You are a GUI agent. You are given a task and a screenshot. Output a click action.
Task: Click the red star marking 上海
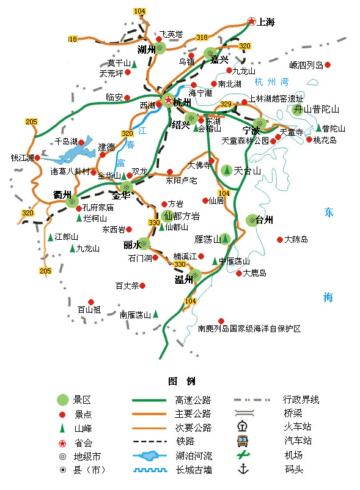coord(251,22)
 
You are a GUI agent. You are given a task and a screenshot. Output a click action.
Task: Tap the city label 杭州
coord(182,102)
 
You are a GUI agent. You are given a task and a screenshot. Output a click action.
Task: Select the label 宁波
coord(251,131)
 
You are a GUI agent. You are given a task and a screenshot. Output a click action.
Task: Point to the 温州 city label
coord(184,280)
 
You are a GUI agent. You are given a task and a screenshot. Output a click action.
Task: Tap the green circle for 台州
coord(252,220)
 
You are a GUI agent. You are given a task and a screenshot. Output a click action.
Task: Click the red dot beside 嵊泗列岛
coord(328,65)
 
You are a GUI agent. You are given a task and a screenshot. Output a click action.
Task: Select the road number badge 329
coord(226,105)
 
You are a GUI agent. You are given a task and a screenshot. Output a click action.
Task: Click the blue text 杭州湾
coord(271,82)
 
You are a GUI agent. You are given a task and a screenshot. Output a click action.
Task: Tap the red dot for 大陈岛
coord(280,240)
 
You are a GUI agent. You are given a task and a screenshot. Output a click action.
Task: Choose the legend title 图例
coord(182,382)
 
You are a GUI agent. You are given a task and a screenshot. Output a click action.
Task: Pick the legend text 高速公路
coord(193,400)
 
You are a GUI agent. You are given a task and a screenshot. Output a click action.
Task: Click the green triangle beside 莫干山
coord(134,64)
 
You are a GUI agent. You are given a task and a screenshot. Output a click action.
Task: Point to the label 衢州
coord(62,195)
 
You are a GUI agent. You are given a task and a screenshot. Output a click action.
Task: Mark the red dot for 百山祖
coord(91,302)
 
